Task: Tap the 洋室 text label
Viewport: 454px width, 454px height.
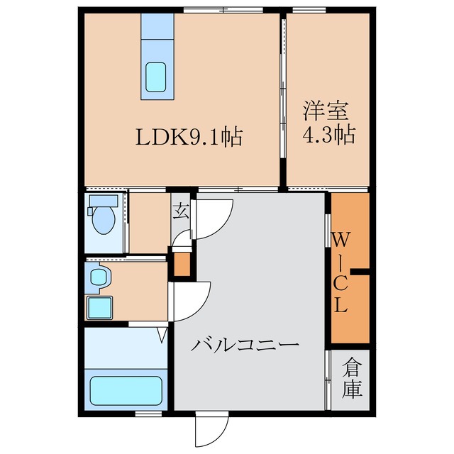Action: click(x=326, y=111)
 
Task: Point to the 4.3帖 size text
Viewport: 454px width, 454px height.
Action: click(x=328, y=135)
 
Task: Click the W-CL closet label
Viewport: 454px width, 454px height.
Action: click(x=340, y=273)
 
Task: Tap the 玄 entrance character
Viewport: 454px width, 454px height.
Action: click(x=182, y=209)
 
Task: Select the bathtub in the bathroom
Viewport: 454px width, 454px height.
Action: click(x=127, y=391)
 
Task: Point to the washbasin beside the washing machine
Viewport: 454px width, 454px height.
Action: click(x=98, y=277)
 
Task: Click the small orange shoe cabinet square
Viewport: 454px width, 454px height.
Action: click(x=182, y=264)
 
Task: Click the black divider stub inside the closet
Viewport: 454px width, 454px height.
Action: click(x=362, y=272)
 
